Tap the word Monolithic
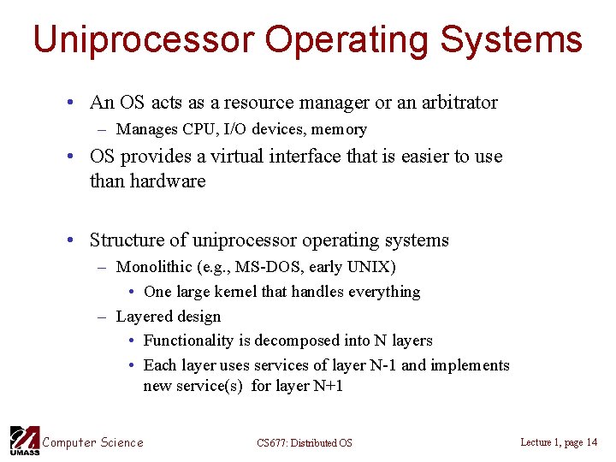[154, 267]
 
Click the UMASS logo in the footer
[24, 440]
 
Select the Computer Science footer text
[93, 442]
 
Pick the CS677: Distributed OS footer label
[304, 443]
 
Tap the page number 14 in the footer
[591, 442]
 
